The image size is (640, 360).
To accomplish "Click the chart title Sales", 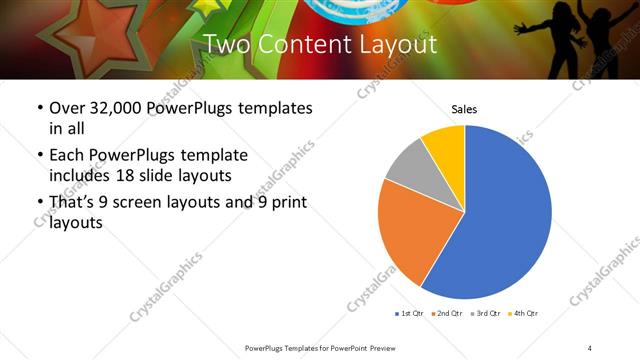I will click(464, 109).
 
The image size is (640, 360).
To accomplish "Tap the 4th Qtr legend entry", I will click(523, 314).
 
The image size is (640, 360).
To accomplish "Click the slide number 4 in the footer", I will click(590, 347).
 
